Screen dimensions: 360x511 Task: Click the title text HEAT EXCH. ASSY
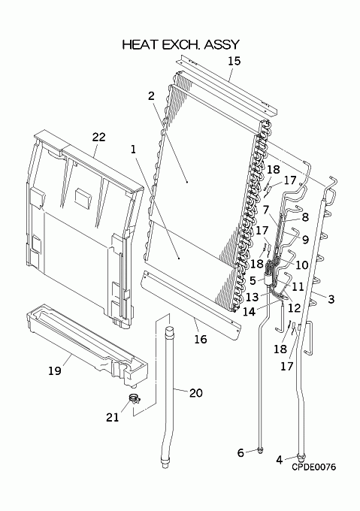click(x=181, y=44)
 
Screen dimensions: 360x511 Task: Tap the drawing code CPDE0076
click(x=313, y=467)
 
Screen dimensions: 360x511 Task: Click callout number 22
click(x=98, y=137)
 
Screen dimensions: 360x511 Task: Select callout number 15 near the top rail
click(x=234, y=61)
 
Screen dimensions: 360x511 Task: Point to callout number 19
click(x=55, y=370)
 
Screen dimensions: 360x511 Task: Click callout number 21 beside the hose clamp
click(x=113, y=417)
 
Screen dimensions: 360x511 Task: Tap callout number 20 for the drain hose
click(x=196, y=393)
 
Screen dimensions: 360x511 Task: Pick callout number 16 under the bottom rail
click(x=201, y=339)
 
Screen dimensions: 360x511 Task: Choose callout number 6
click(x=241, y=452)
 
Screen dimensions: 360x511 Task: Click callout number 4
click(x=279, y=460)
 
